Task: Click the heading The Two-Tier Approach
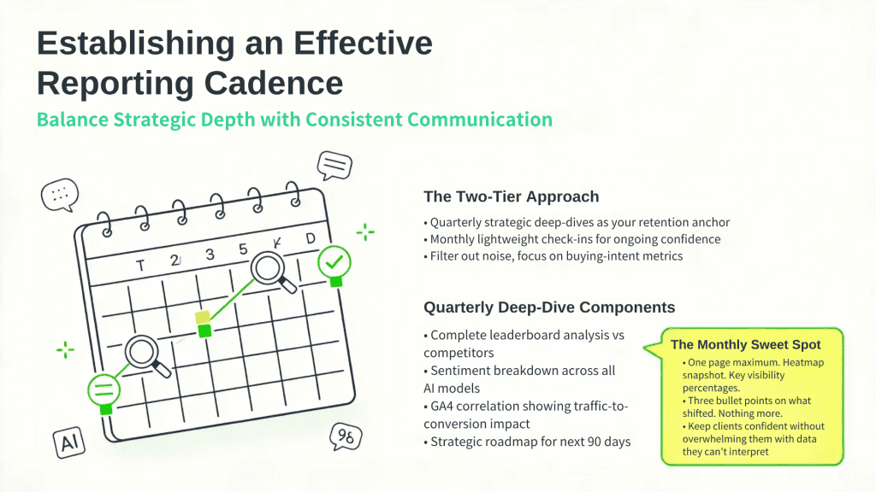click(x=511, y=196)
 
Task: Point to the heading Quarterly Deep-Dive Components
click(x=549, y=307)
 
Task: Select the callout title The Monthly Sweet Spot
click(x=745, y=345)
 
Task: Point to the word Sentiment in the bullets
click(x=463, y=371)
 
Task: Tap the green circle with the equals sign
click(x=104, y=389)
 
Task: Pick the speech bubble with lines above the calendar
click(x=334, y=164)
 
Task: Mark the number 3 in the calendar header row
click(x=210, y=254)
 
